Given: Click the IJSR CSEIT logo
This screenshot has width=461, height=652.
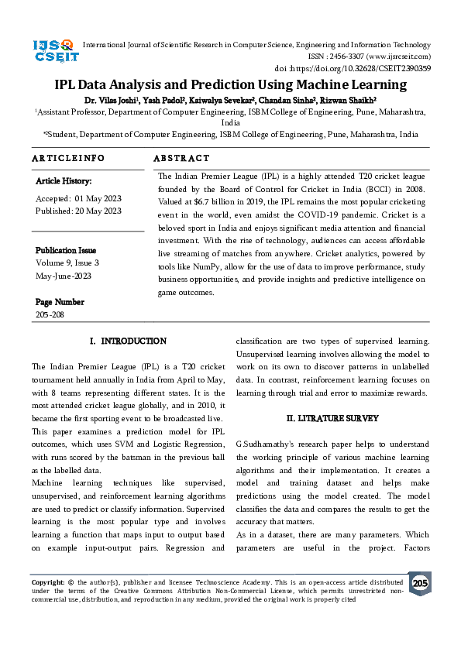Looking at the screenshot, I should [x=53, y=51].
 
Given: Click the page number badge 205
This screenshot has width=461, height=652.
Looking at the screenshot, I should [x=419, y=582].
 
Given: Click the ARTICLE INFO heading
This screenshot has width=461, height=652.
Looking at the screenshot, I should [x=68, y=158].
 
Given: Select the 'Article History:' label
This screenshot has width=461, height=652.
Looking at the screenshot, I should [x=64, y=181].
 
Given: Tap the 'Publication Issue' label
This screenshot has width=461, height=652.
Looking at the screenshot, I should [x=66, y=250].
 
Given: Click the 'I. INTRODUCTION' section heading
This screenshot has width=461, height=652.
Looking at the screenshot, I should [x=128, y=341].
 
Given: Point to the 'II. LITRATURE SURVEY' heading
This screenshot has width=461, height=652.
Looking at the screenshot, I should [x=332, y=418].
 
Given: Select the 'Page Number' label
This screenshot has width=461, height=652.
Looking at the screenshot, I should [x=60, y=302].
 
